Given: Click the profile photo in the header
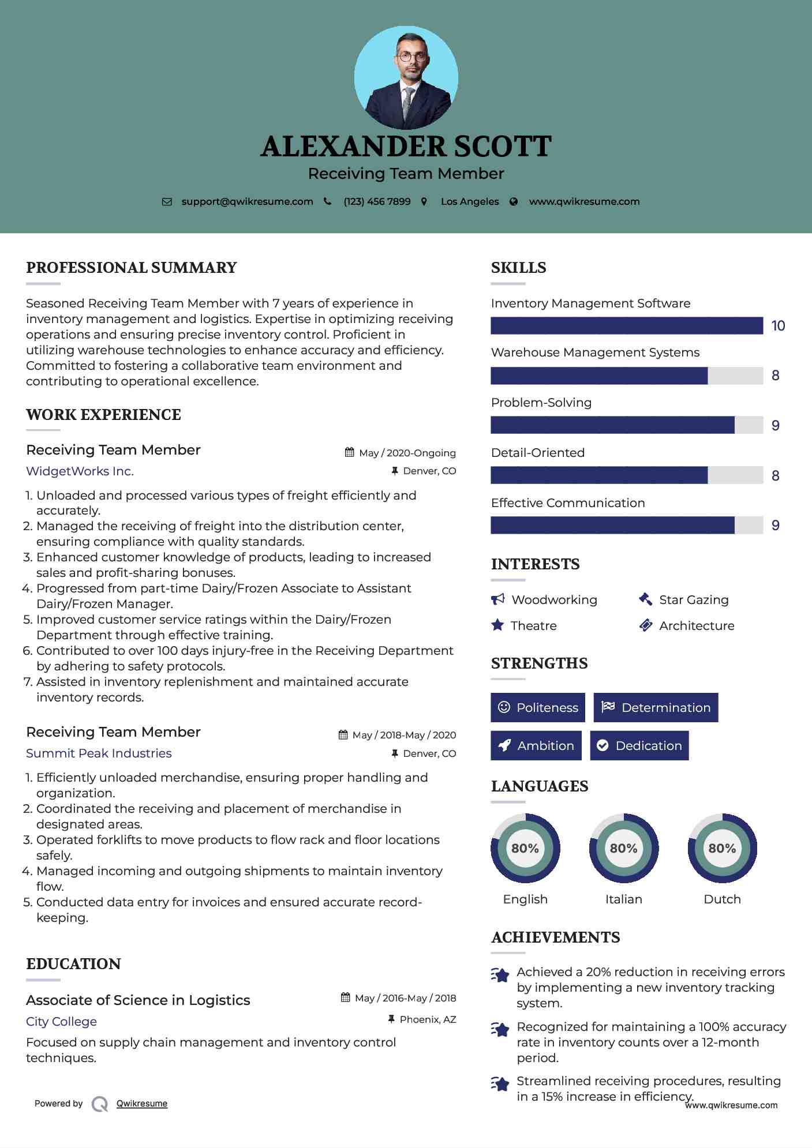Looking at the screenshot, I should pyautogui.click(x=406, y=77).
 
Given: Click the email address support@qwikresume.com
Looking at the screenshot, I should pyautogui.click(x=247, y=201).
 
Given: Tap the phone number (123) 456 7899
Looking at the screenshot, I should pyautogui.click(x=377, y=201).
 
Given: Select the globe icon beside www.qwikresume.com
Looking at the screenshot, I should pyautogui.click(x=514, y=201).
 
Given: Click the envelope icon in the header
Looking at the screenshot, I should pyautogui.click(x=167, y=201).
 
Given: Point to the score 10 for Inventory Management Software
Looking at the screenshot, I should pyautogui.click(x=778, y=326).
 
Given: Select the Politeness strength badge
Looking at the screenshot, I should pyautogui.click(x=538, y=707).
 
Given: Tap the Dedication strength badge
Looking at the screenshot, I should pyautogui.click(x=639, y=745).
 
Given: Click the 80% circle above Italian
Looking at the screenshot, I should pyautogui.click(x=623, y=848).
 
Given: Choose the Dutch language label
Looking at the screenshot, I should pyautogui.click(x=722, y=899).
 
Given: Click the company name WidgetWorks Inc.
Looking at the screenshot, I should pyautogui.click(x=80, y=471).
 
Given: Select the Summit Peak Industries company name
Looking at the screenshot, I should pyautogui.click(x=99, y=753).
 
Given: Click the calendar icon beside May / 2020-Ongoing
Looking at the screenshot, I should pyautogui.click(x=349, y=452).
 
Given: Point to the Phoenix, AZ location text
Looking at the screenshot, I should pyautogui.click(x=428, y=1019).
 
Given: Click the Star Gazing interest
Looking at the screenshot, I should pyautogui.click(x=694, y=600).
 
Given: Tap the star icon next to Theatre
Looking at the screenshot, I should pyautogui.click(x=497, y=625).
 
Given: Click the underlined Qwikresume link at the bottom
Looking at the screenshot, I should pyautogui.click(x=142, y=1104).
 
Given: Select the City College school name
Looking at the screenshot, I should pyautogui.click(x=61, y=1021).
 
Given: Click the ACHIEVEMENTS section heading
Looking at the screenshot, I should pyautogui.click(x=555, y=937).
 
